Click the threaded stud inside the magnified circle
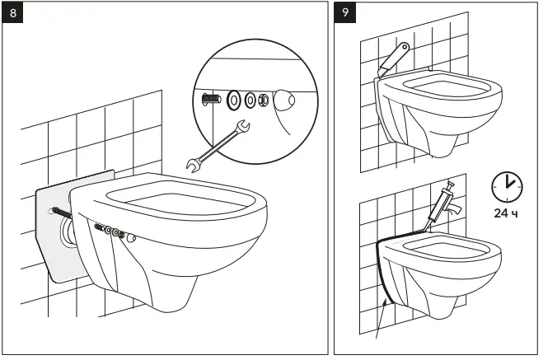click(210, 101)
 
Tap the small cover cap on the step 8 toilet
click(130, 237)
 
